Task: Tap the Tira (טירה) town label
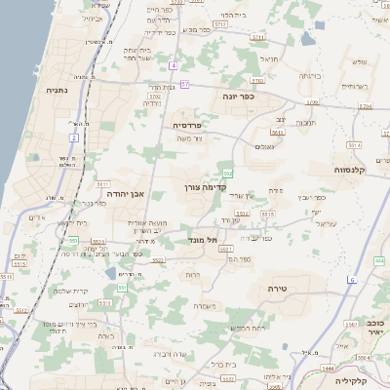[x=279, y=289]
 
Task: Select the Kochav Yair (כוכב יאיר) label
[x=375, y=328]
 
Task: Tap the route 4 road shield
[x=173, y=65]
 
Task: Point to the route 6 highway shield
[x=352, y=280]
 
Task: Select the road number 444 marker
[x=378, y=261]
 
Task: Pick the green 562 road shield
[x=227, y=173]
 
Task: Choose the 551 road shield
[x=121, y=288]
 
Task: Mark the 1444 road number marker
[x=328, y=369]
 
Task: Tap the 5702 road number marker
[x=155, y=97]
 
